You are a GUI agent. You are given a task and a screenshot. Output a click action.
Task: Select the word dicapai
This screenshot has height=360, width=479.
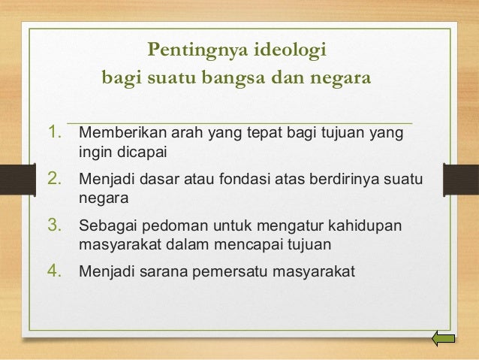coord(140,153)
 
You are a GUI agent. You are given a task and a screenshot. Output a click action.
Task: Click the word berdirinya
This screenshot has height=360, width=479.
coord(347,180)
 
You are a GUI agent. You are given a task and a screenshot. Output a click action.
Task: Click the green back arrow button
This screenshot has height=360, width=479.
coord(444,339)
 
